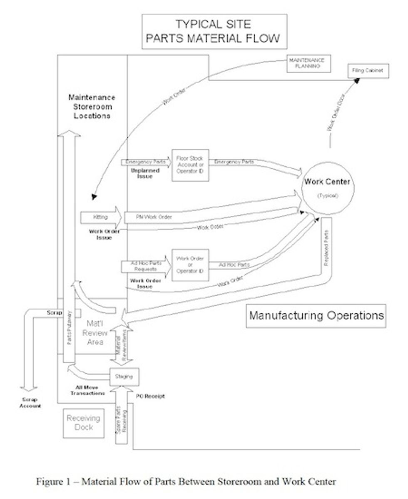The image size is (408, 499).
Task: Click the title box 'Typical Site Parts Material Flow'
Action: pyautogui.click(x=214, y=32)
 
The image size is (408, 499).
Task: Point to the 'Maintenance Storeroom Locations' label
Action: pyautogui.click(x=92, y=107)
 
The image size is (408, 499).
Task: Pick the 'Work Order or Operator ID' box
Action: pyautogui.click(x=190, y=265)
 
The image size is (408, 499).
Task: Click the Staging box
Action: pyautogui.click(x=124, y=377)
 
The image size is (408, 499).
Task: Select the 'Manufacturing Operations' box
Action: pyautogui.click(x=316, y=315)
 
